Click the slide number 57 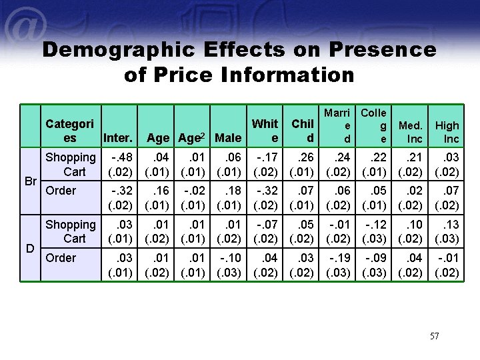(x=434, y=336)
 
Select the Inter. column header (x=118, y=139)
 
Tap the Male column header (x=229, y=139)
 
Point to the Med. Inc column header (x=410, y=132)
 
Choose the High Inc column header (x=447, y=132)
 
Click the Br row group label (x=30, y=181)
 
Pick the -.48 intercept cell (x=120, y=158)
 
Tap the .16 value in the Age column (x=159, y=191)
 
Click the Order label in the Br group (x=61, y=191)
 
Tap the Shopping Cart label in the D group (x=71, y=231)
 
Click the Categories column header (x=70, y=131)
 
